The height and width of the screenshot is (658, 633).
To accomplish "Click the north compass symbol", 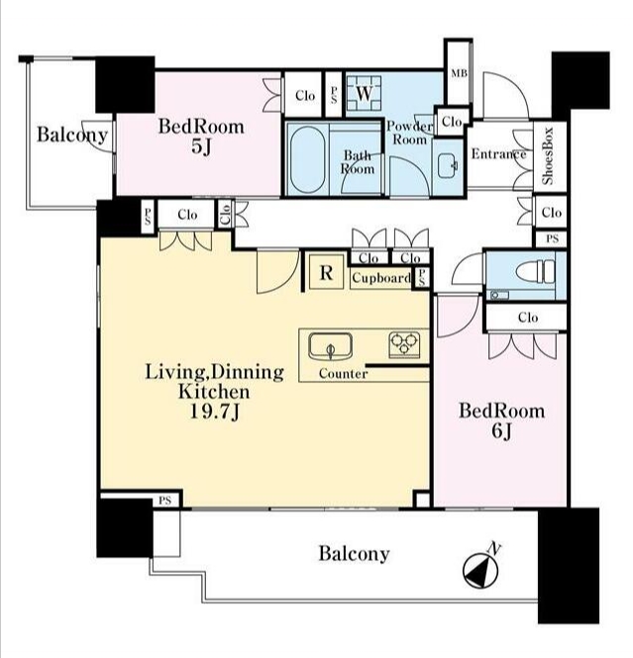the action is pos(480,571).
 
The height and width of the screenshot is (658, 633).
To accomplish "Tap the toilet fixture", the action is pos(536,272).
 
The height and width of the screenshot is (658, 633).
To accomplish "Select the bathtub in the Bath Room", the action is pos(307,159).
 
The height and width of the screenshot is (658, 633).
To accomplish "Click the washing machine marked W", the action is pos(364,94).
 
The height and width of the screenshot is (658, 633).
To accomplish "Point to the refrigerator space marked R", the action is pos(326,273).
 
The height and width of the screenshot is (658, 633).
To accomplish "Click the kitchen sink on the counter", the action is pos(331,346).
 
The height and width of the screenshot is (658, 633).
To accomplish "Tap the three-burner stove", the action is pos(404,344).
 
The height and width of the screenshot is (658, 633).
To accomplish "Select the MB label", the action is pos(459,73).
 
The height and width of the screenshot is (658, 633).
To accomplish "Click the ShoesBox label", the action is pos(548,155).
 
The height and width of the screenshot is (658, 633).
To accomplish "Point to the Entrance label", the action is pos(498,154).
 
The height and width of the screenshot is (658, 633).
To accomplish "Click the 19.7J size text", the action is pos(215,412).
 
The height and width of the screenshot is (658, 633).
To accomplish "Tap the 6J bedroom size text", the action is pos(501,431).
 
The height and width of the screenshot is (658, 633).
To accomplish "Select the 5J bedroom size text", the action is pos(201,146).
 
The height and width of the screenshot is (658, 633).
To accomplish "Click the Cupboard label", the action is pos(381,278).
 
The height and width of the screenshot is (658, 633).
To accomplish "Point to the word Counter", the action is pos(343,373).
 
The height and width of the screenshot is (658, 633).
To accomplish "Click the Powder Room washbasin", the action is pos(448,165).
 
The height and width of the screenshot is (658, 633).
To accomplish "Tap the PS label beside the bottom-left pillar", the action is pos(165,501).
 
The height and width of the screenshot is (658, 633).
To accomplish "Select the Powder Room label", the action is pos(409,133).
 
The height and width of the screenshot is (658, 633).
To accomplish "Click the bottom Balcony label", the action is pos(354,553).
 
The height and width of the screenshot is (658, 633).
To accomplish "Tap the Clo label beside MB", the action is pos(452,122).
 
